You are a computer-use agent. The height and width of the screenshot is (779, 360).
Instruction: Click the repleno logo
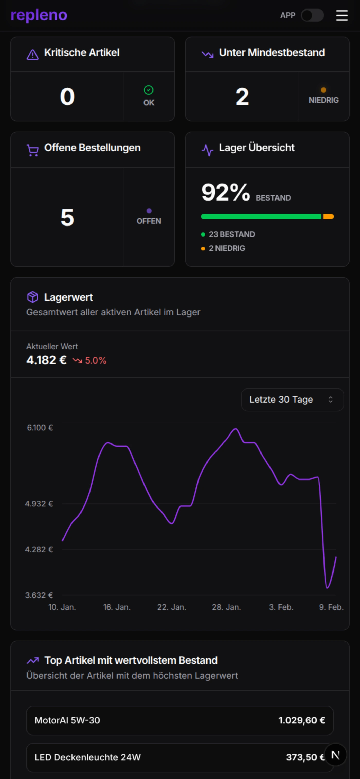click(x=39, y=15)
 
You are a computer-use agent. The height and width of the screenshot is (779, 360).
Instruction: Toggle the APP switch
click(x=312, y=15)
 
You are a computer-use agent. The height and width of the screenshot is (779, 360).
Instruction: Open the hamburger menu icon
click(x=341, y=15)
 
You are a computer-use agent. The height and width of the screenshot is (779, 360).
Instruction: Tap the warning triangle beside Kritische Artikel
click(x=33, y=55)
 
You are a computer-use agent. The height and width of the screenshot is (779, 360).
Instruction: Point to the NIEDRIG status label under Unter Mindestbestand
click(x=323, y=100)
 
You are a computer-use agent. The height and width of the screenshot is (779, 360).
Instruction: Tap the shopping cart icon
click(x=33, y=150)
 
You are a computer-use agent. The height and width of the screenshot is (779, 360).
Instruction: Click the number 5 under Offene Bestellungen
click(x=67, y=218)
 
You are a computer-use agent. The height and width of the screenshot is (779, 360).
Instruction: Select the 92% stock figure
click(x=226, y=192)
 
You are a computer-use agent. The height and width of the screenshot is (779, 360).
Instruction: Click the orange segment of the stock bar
click(x=328, y=216)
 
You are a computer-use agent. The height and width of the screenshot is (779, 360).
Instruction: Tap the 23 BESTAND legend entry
click(x=231, y=234)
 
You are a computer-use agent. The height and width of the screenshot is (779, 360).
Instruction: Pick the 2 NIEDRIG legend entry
click(x=227, y=248)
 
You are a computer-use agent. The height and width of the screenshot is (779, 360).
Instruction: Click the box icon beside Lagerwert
click(x=33, y=297)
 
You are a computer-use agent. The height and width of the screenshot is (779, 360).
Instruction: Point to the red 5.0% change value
click(x=95, y=360)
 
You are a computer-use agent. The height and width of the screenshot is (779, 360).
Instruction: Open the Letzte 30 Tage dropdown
click(x=292, y=400)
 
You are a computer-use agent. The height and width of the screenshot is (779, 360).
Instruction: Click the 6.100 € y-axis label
click(x=40, y=428)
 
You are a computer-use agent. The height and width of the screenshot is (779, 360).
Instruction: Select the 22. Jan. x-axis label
click(x=172, y=607)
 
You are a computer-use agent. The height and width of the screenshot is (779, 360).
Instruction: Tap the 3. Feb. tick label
click(x=281, y=607)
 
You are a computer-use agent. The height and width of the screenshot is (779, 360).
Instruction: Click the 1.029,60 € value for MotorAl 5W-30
click(x=302, y=720)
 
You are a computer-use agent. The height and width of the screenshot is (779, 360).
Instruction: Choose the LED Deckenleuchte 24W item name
click(x=87, y=757)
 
